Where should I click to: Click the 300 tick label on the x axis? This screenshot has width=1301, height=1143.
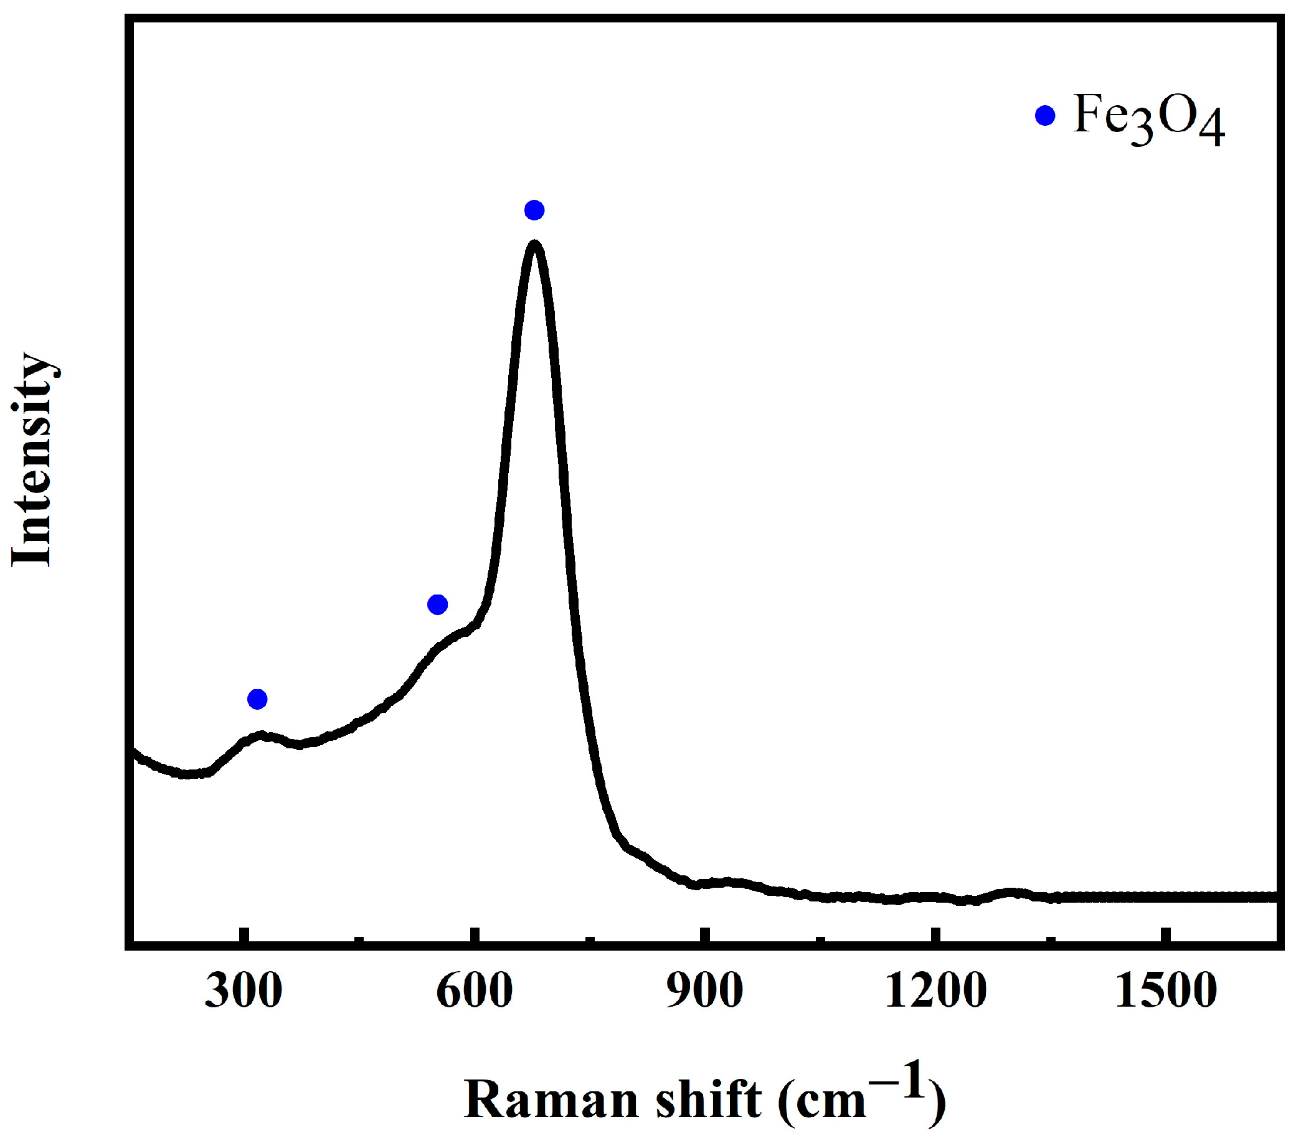pos(243,992)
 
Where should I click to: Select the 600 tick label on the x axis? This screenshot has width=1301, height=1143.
pos(474,992)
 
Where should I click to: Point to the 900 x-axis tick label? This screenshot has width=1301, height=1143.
pos(704,992)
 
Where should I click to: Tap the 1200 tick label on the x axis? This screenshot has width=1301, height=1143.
pos(935,992)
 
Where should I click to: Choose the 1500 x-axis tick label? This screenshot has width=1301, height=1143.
pos(1166,992)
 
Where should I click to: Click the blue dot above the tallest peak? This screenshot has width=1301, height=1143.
pos(534,210)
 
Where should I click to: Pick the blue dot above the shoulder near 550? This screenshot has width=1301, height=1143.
pos(437,604)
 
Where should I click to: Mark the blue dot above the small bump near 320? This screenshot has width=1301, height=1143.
pos(257,698)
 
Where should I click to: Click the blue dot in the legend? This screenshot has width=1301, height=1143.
pos(1045,116)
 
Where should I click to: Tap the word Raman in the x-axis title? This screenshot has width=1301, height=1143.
pos(551,1099)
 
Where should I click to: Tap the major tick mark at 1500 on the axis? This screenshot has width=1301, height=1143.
pos(1164,933)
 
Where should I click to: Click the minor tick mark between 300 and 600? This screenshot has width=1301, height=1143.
pos(359,936)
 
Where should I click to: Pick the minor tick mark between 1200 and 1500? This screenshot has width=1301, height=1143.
pos(1051,936)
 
